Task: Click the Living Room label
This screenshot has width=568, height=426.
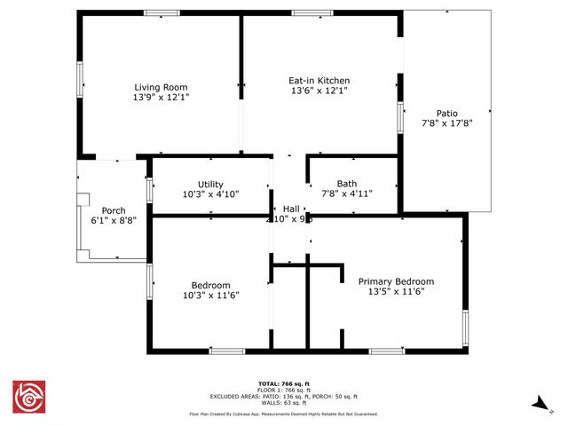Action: pyautogui.click(x=161, y=87)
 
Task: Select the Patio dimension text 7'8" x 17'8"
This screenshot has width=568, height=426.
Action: pyautogui.click(x=446, y=123)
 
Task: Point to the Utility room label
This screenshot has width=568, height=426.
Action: pyautogui.click(x=210, y=184)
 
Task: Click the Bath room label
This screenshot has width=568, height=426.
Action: pyautogui.click(x=346, y=184)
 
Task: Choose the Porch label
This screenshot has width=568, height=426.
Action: pyautogui.click(x=113, y=210)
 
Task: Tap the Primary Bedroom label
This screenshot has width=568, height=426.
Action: pyautogui.click(x=396, y=281)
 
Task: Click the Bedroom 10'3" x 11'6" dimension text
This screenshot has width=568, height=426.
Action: pyautogui.click(x=211, y=295)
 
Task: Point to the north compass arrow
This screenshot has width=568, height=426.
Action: pyautogui.click(x=539, y=404)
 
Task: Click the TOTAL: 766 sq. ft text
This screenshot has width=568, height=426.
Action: pyautogui.click(x=283, y=383)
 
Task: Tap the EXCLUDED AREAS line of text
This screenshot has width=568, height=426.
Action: pyautogui.click(x=283, y=396)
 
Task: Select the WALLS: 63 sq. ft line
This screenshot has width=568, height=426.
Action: pyautogui.click(x=283, y=402)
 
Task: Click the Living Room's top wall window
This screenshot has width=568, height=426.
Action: pyautogui.click(x=162, y=13)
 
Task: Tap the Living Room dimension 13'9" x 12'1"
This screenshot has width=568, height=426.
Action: pyautogui.click(x=161, y=97)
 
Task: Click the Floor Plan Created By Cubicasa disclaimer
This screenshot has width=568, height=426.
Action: pyautogui.click(x=283, y=414)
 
